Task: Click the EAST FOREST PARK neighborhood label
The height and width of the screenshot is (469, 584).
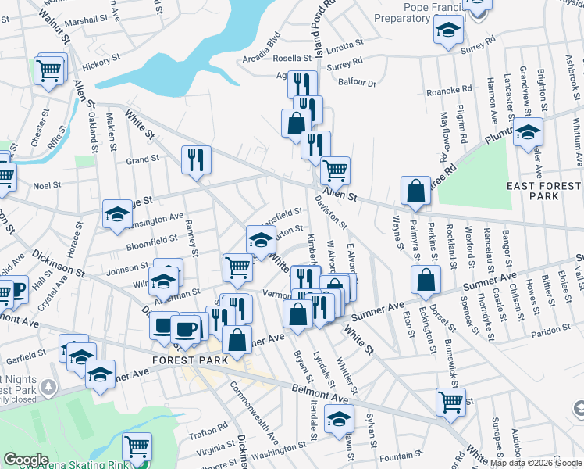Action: [x=543, y=191]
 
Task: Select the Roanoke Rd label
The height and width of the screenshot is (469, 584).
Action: [x=456, y=90]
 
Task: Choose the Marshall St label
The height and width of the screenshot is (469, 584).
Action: [x=86, y=22]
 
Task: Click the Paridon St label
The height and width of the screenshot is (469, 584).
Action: [x=543, y=333]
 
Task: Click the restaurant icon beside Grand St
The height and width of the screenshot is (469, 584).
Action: [x=196, y=159]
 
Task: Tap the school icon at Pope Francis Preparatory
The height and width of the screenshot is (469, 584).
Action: [x=448, y=30]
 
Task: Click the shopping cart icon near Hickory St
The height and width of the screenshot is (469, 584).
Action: [x=49, y=70]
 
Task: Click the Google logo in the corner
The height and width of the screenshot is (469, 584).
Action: [x=26, y=460]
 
